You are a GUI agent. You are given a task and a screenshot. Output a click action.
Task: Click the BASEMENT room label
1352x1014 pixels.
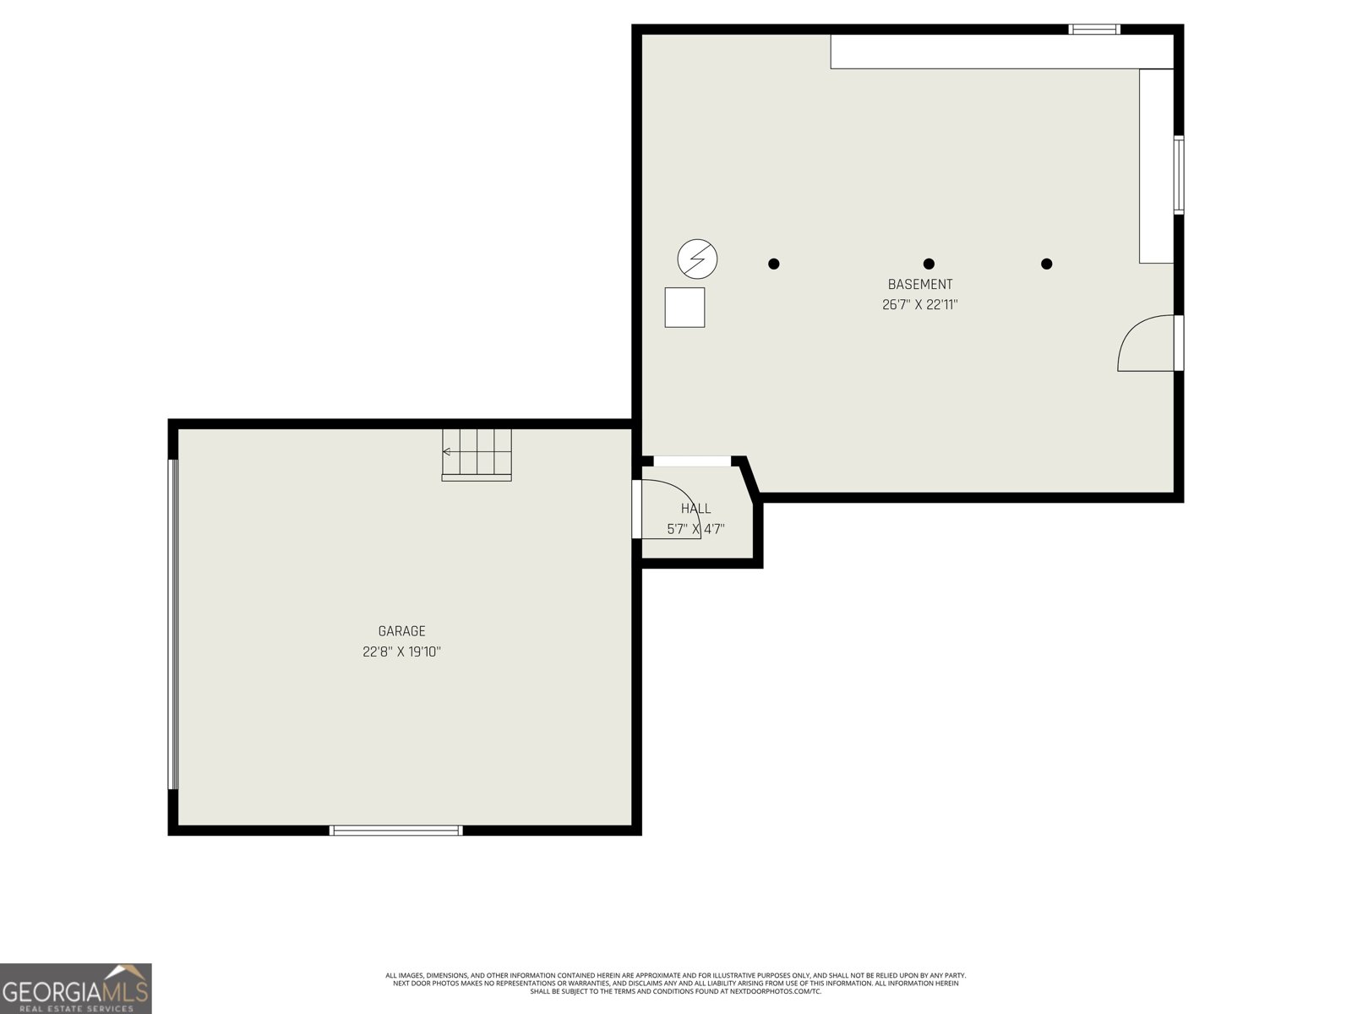coord(919,285)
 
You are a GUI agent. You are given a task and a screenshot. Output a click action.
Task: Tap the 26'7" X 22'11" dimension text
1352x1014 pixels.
coord(919,305)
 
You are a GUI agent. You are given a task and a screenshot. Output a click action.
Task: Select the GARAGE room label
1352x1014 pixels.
coord(401,631)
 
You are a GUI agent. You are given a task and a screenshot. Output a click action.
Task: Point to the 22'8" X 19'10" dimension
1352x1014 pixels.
coord(401,651)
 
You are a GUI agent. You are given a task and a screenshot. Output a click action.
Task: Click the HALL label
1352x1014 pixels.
coord(695,509)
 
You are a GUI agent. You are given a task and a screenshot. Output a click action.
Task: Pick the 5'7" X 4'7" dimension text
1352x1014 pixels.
coord(695,530)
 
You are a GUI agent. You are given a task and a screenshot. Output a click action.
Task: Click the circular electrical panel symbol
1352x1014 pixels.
coord(697,259)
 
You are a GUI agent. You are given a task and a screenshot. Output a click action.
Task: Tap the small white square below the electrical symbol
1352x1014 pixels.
coord(684,308)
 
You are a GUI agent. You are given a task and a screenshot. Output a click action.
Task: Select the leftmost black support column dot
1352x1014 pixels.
coord(773,264)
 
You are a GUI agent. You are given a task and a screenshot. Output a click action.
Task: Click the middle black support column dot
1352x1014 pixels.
coord(929,264)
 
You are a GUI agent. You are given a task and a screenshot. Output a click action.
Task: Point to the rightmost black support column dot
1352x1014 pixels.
coord(1046,264)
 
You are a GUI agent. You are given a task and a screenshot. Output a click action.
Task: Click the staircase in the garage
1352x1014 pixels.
coord(477,455)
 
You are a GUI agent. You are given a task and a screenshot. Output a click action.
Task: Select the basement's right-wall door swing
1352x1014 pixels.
coord(1145,344)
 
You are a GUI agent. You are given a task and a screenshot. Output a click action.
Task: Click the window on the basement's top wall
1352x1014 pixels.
coord(1093,29)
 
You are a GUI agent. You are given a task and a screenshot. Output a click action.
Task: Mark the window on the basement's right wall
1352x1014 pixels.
coord(1178,175)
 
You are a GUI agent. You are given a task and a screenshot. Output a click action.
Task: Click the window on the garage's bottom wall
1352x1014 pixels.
coord(395,831)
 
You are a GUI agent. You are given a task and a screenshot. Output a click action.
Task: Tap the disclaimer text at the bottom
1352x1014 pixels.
coord(675,983)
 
